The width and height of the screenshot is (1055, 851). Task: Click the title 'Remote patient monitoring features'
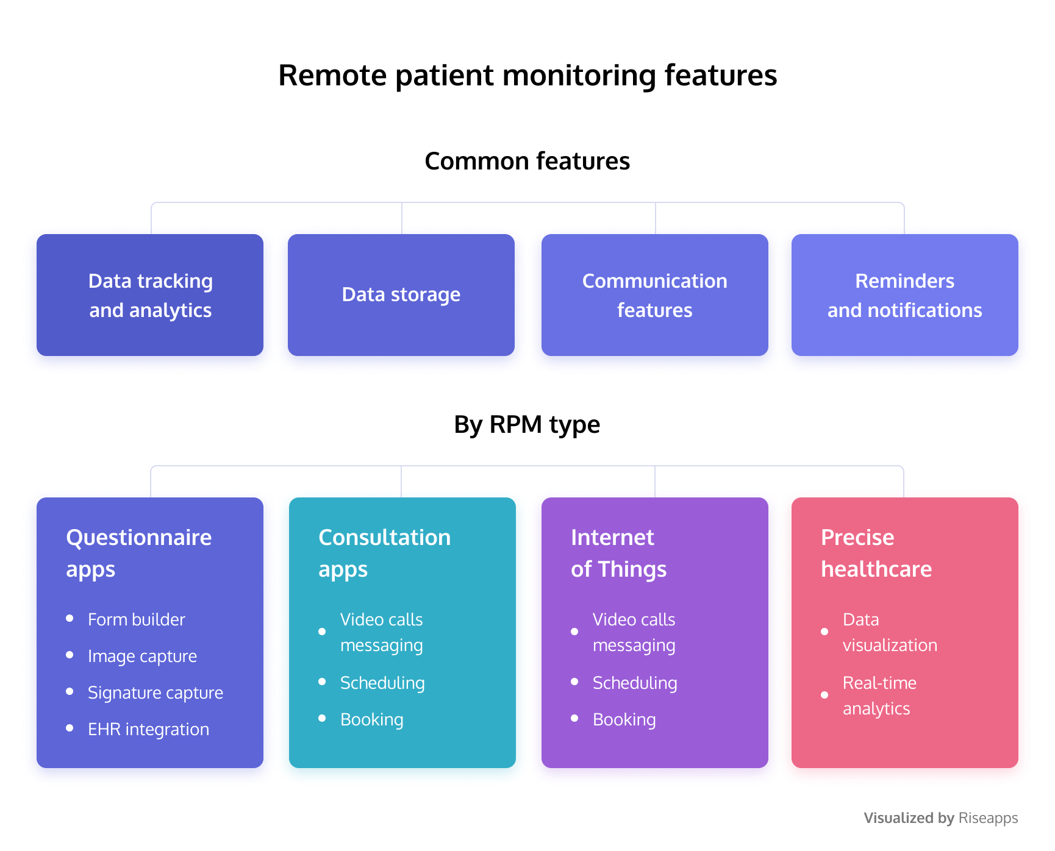[x=527, y=76]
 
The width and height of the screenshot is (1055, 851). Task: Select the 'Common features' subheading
[x=527, y=161]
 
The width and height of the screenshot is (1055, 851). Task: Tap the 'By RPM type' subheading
[x=527, y=425]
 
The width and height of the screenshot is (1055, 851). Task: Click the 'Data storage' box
[x=401, y=295]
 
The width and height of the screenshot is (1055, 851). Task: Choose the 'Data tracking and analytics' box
[x=150, y=295]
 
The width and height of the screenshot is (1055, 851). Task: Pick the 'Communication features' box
[x=655, y=295]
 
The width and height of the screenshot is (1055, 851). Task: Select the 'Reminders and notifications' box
[x=905, y=295]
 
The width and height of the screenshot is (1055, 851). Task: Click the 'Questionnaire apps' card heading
[x=139, y=554]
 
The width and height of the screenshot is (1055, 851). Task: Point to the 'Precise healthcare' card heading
[x=876, y=554]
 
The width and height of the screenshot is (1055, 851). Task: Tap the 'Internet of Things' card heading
[x=619, y=554]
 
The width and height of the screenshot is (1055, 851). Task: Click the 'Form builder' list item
[x=137, y=619]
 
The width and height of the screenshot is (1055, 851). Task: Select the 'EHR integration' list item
[x=149, y=729]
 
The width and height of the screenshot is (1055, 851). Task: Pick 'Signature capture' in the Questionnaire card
[x=156, y=693]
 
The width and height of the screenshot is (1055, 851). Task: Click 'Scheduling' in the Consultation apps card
[x=382, y=683]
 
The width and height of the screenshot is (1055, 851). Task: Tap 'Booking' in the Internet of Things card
[x=624, y=719]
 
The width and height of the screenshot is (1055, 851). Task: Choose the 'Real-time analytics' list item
[x=879, y=696]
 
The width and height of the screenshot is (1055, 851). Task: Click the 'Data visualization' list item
[x=890, y=632]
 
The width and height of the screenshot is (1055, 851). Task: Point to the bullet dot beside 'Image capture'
[x=70, y=655]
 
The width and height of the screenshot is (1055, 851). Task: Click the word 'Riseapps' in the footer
[x=988, y=818]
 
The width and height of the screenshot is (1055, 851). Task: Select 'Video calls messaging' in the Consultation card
[x=382, y=632]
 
